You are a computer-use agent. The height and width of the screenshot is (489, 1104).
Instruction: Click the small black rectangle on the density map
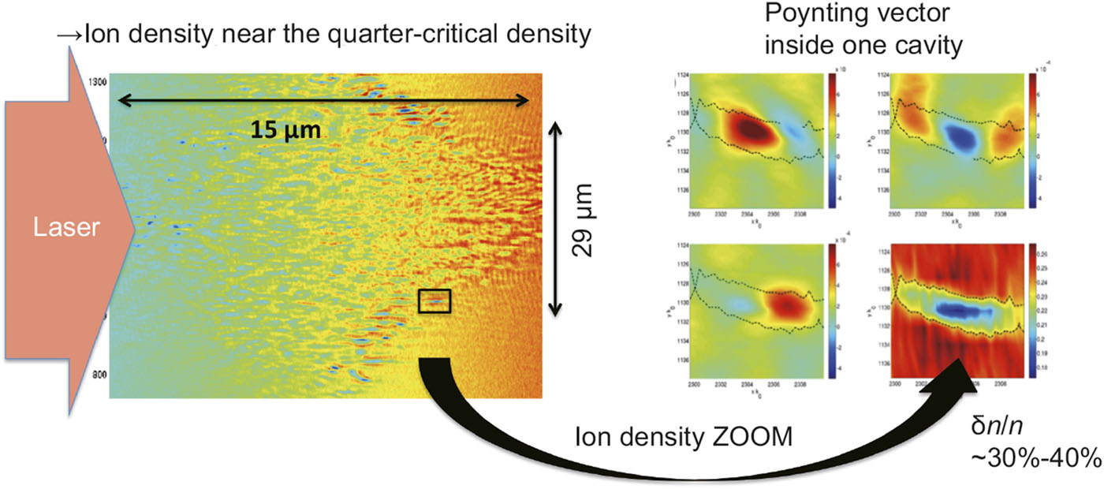[435, 300]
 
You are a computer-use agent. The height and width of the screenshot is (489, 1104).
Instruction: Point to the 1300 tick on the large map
[98, 81]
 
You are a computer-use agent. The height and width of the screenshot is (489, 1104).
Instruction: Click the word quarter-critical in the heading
[338, 36]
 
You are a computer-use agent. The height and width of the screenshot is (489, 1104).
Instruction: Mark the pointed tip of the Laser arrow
[136, 229]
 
